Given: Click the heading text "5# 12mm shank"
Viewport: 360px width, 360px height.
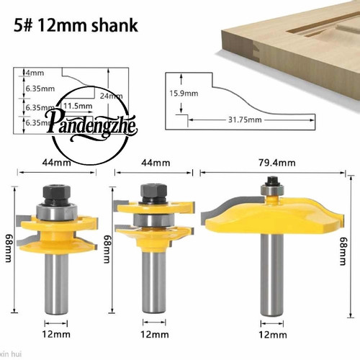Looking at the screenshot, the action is (x=76, y=26).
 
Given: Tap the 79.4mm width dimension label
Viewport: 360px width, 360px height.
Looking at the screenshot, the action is (x=277, y=163).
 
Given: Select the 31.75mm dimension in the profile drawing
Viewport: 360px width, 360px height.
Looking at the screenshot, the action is (x=245, y=120).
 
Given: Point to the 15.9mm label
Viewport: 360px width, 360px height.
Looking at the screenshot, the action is (x=184, y=93).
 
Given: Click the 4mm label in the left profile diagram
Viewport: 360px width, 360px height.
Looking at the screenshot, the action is (x=35, y=73).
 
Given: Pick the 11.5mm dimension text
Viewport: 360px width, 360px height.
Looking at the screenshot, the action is (x=78, y=106).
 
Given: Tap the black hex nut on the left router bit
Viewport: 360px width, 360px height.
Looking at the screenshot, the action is (x=56, y=194).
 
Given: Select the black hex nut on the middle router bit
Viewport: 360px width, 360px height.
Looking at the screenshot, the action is (x=153, y=192).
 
